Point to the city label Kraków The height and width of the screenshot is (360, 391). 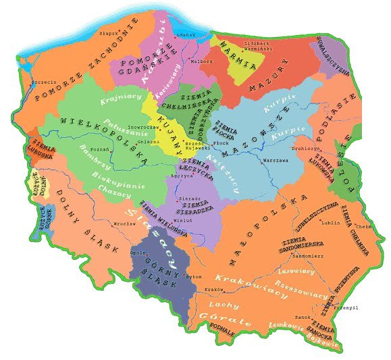pos(214,289)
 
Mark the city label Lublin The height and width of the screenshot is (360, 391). pos(332,222)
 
